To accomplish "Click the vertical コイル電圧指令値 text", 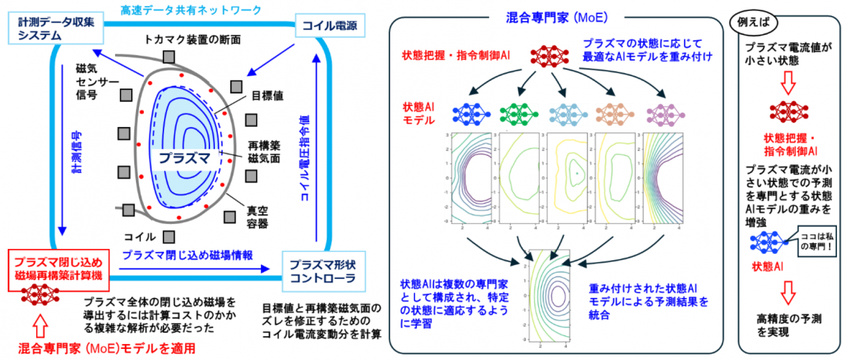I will click(305, 157).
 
